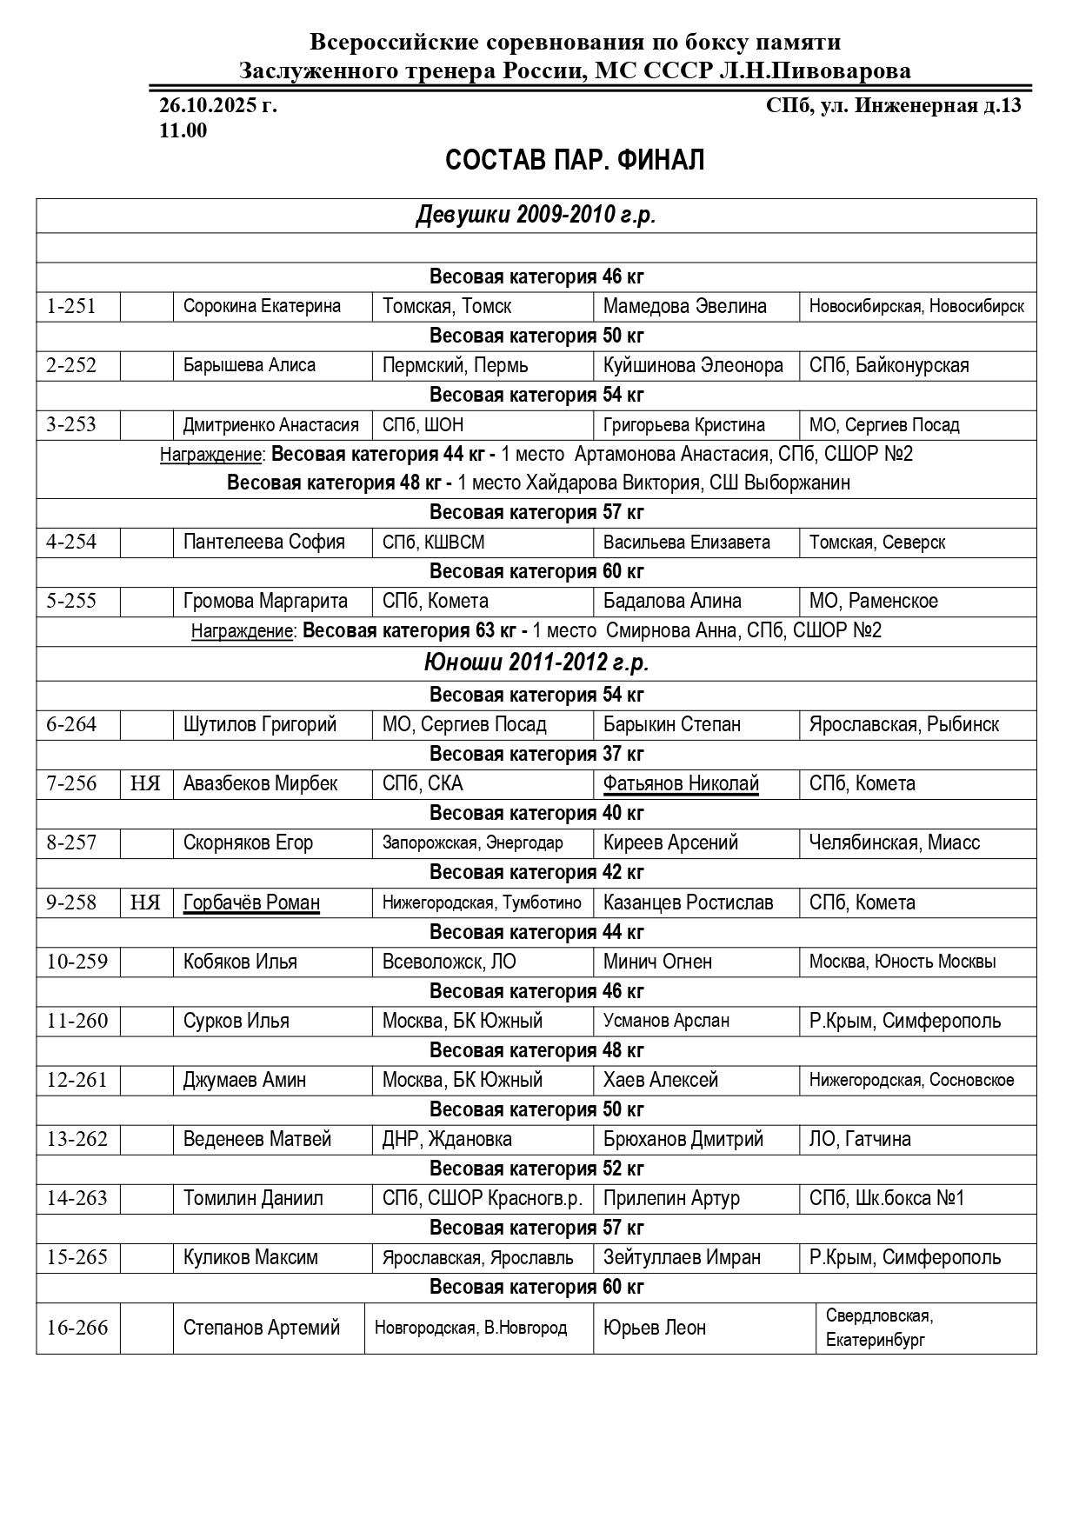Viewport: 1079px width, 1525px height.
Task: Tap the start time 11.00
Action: pos(183,130)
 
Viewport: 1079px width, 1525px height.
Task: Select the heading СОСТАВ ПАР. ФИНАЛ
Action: pos(575,161)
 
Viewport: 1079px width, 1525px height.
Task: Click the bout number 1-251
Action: pos(71,306)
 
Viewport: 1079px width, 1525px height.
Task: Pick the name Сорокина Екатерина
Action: pos(262,306)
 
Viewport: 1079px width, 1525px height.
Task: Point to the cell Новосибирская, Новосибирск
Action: pos(916,306)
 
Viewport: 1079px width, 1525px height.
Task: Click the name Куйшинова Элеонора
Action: pos(693,365)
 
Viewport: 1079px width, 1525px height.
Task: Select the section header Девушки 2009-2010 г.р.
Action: pos(536,216)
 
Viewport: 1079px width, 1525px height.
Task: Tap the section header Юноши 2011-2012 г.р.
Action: pos(536,663)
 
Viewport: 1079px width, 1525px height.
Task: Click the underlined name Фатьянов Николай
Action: pos(681,783)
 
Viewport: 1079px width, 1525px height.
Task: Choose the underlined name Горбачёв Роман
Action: pos(251,902)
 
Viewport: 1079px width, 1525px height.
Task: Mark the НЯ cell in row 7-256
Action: pos(146,783)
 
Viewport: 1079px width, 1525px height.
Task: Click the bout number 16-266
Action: pos(77,1328)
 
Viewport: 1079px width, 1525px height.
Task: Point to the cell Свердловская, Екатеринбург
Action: pos(879,1328)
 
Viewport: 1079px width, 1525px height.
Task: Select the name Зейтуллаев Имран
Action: pos(682,1257)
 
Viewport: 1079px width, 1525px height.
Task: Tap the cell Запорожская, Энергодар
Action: pos(472,842)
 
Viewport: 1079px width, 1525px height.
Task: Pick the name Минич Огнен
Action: pos(657,962)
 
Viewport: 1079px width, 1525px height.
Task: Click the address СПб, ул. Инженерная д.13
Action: pos(893,106)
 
